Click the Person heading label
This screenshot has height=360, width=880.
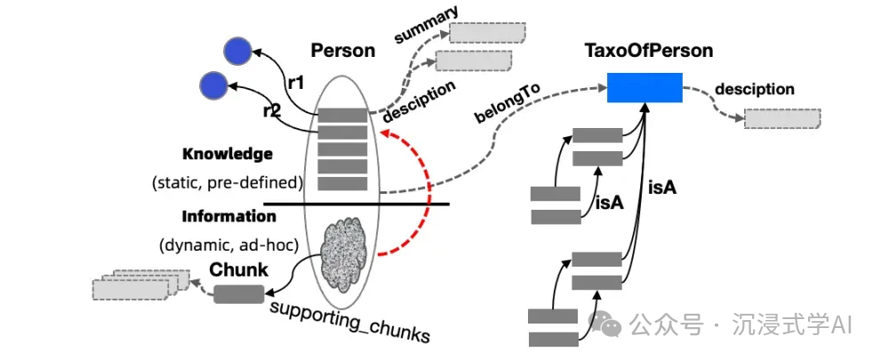click(342, 51)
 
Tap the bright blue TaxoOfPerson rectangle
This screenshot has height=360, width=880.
click(645, 88)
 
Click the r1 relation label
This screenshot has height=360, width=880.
click(296, 82)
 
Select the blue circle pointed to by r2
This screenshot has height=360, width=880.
click(213, 85)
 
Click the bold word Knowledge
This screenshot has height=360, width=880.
click(228, 154)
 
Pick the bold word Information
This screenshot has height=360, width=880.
click(229, 216)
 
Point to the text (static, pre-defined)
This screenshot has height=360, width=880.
click(228, 184)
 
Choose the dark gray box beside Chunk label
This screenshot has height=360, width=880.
click(238, 293)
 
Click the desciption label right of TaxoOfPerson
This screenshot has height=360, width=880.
click(755, 89)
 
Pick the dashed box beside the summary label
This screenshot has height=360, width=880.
click(486, 33)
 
